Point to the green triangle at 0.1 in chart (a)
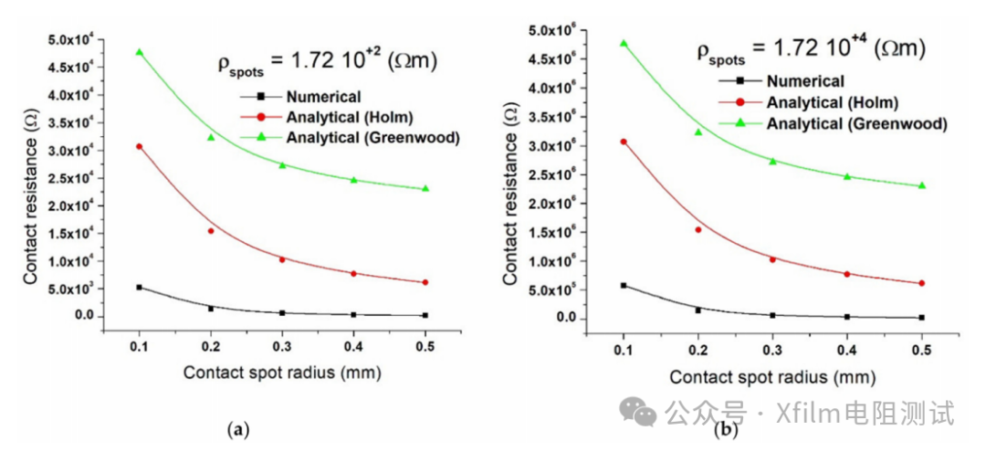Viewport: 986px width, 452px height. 140,52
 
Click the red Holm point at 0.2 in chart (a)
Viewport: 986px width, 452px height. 211,231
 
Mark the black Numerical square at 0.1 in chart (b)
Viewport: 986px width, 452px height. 624,286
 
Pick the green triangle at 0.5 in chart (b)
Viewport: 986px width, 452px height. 922,185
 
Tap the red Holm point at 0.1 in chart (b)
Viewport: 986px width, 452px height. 624,142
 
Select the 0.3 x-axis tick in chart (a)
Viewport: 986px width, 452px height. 282,347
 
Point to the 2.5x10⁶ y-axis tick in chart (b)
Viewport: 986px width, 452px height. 558,174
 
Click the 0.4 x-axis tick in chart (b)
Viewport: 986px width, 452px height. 847,350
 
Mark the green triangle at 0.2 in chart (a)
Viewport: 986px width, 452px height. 211,137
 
